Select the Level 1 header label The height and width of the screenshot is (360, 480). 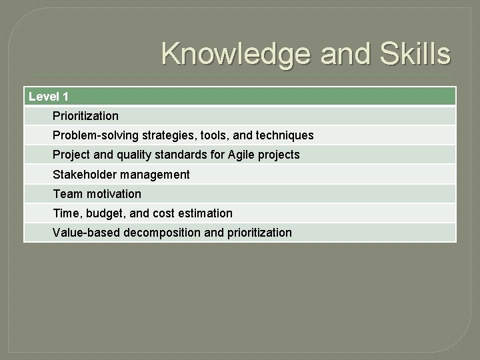click(49, 97)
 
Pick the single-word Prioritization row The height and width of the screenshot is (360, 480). click(85, 116)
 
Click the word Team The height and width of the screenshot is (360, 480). click(67, 194)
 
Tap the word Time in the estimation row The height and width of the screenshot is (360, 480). click(66, 213)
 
